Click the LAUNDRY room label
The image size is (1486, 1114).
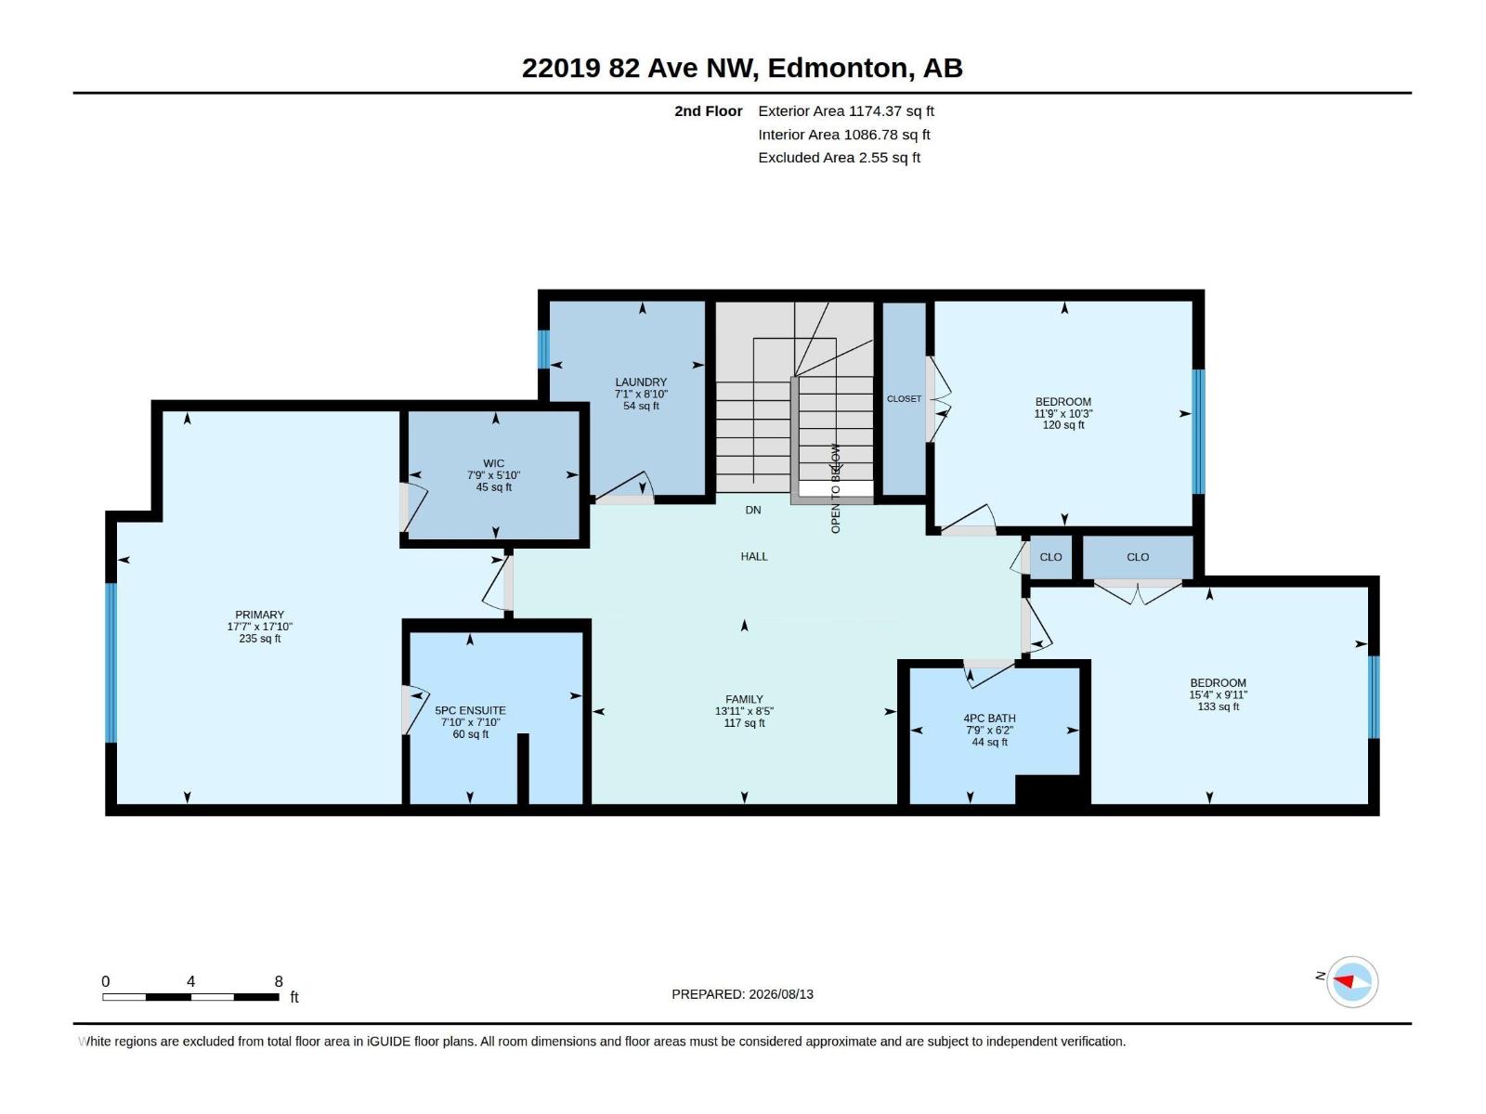click(641, 382)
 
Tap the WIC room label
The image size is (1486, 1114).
click(493, 464)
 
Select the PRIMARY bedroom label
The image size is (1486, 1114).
click(259, 615)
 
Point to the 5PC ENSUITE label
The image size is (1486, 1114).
click(470, 711)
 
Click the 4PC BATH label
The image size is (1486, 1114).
click(989, 719)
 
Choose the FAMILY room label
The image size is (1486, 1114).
click(744, 699)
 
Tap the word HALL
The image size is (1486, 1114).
click(753, 557)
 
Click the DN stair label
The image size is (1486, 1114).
click(753, 510)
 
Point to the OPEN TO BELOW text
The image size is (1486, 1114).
click(835, 488)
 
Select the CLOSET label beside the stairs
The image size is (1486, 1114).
click(904, 399)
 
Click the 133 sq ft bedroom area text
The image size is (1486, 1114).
click(1218, 706)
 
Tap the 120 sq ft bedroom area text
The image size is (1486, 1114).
click(1062, 425)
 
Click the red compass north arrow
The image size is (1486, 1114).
click(1343, 981)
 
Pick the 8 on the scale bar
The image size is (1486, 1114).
click(279, 981)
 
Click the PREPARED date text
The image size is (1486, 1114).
click(742, 994)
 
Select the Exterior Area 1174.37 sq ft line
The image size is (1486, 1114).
click(845, 110)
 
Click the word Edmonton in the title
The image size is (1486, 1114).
click(838, 68)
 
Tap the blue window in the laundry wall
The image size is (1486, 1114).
click(543, 349)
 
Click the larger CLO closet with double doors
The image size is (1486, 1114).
click(1138, 557)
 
